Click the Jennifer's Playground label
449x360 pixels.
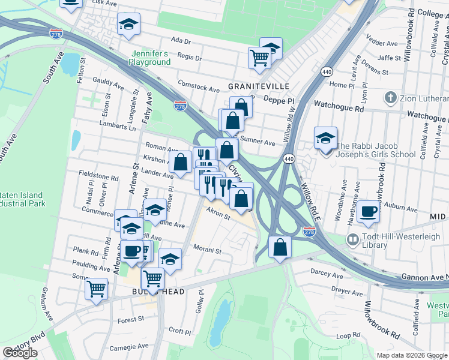pyautogui.click(x=151, y=58)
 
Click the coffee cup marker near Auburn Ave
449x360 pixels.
pyautogui.click(x=368, y=211)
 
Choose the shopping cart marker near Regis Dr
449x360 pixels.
pyautogui.click(x=259, y=58)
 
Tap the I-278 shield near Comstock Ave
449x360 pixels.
pyautogui.click(x=179, y=106)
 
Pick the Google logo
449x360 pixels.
pyautogui.click(x=20, y=353)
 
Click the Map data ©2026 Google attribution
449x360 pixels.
pyautogui.click(x=412, y=355)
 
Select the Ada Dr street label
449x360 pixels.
pyautogui.click(x=180, y=41)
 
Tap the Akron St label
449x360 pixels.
pyautogui.click(x=218, y=214)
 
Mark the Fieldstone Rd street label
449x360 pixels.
pyautogui.click(x=98, y=177)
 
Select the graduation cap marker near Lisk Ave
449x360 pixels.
pyautogui.click(x=71, y=3)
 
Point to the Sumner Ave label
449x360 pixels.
pyautogui.click(x=258, y=142)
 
